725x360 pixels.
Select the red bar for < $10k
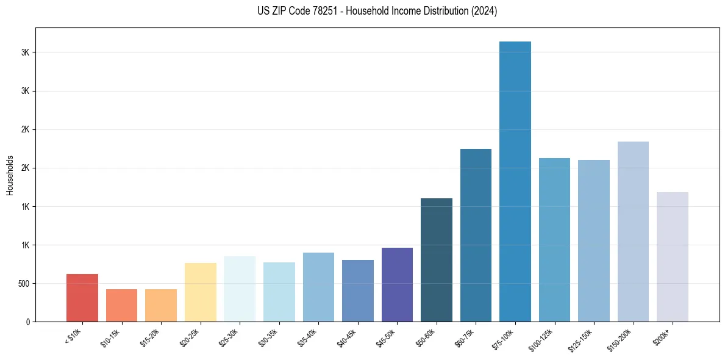82,298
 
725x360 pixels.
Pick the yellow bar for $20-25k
201,292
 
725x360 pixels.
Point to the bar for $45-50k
397,284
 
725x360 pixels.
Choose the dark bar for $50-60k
437,260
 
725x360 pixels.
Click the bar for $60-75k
476,235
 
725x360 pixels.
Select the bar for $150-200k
633,231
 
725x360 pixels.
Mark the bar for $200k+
673,257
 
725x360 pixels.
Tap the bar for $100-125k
554,240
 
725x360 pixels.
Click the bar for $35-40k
318,287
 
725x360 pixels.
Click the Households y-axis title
10,175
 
